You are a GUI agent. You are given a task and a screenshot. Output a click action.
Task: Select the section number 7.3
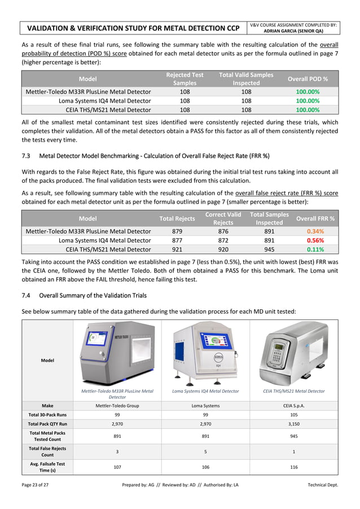(x=28, y=156)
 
